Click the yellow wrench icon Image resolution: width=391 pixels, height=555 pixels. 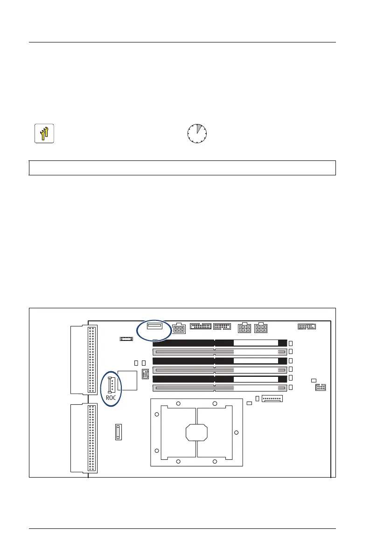pos(44,133)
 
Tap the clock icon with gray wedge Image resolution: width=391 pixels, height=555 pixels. pos(197,133)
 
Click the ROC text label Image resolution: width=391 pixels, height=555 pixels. pos(111,398)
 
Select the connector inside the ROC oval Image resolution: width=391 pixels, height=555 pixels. pos(111,385)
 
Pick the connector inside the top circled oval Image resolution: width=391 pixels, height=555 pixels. pos(154,326)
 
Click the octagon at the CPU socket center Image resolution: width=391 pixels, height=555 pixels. pos(196,432)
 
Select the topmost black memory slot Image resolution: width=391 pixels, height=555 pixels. pos(219,343)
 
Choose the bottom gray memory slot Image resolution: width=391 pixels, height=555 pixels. pos(219,388)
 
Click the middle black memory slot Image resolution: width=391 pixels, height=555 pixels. pos(219,361)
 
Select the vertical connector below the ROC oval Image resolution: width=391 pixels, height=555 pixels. pos(119,432)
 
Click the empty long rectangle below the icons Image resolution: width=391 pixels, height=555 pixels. pos(182,167)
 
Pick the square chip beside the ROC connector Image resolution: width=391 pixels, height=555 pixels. pos(128,380)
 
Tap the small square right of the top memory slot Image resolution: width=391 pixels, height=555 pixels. pos(290,343)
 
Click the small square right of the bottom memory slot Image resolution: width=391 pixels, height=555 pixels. pos(290,388)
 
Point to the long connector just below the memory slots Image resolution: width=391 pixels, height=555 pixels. pos(272,399)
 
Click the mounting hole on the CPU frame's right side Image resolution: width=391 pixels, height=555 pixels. pos(236,432)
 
